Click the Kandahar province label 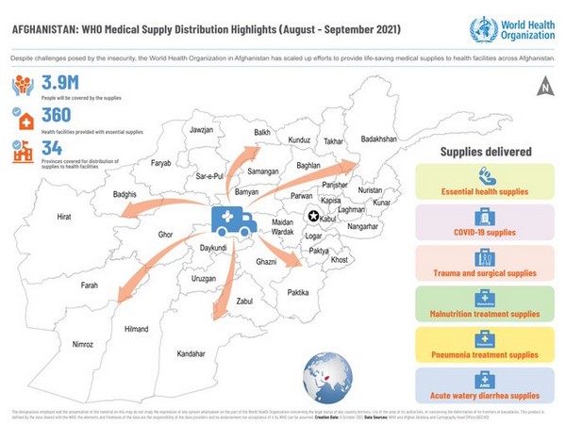[191, 353]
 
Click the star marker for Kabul [313, 218]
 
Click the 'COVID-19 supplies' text [485, 232]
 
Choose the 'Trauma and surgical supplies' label [485, 273]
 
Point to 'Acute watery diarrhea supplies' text [485, 396]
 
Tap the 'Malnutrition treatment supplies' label [485, 314]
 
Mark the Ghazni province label [266, 260]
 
